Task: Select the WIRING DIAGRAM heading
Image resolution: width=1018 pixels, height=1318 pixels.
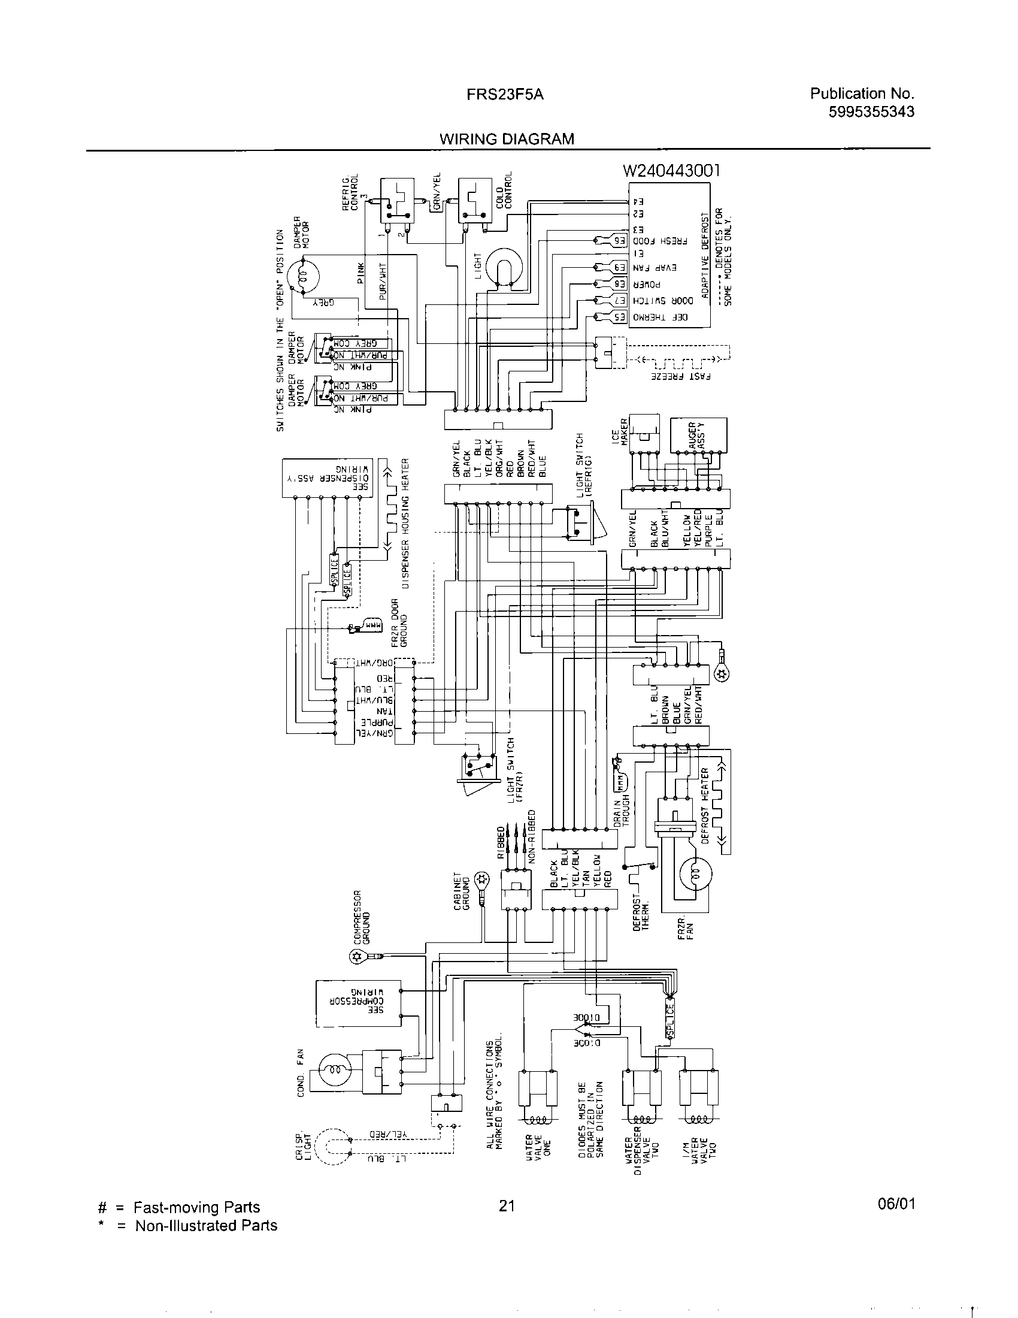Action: tap(507, 140)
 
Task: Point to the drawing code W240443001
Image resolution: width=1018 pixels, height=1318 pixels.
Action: tap(671, 171)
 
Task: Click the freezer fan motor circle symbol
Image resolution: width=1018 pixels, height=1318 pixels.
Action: tap(695, 873)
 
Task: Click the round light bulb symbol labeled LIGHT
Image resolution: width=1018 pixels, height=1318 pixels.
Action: tap(502, 266)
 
